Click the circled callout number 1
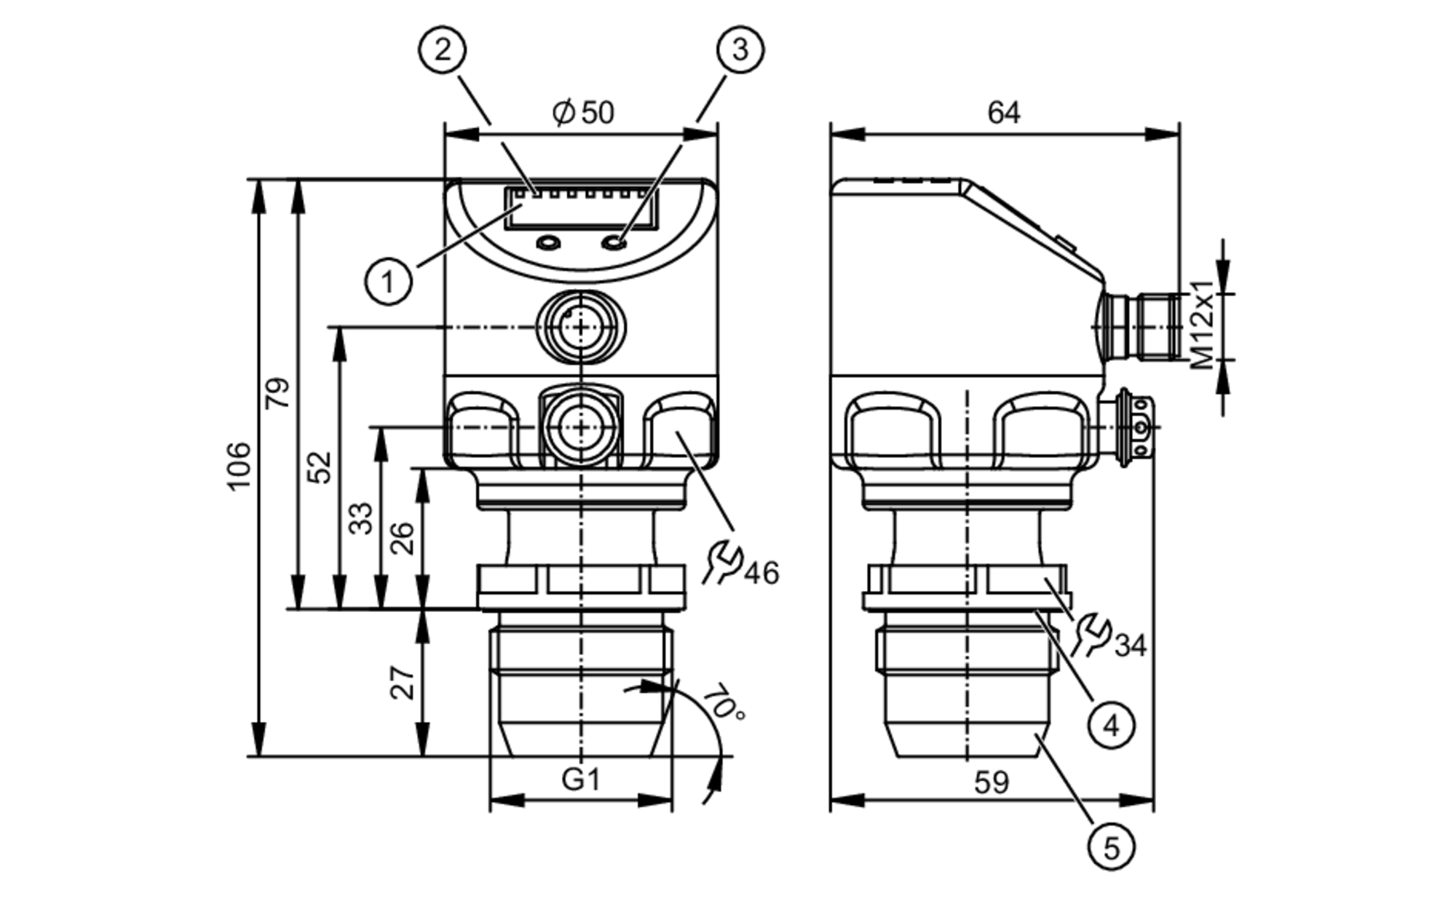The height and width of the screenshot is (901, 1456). click(388, 281)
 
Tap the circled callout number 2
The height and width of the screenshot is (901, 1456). click(442, 50)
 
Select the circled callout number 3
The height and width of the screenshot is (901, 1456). click(740, 50)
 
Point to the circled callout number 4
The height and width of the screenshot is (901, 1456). click(1111, 725)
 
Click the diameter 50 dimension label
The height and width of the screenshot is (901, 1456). click(584, 113)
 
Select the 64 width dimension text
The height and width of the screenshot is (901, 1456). click(1003, 113)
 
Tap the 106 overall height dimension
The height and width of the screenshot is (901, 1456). click(239, 466)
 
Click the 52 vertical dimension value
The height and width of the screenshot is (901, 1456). click(319, 467)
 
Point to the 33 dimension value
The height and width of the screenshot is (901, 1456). click(360, 518)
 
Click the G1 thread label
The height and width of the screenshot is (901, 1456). click(581, 779)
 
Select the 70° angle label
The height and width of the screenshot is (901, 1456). click(724, 702)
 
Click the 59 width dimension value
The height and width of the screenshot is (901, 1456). click(991, 782)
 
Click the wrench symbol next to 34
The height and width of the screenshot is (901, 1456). click(1091, 634)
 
